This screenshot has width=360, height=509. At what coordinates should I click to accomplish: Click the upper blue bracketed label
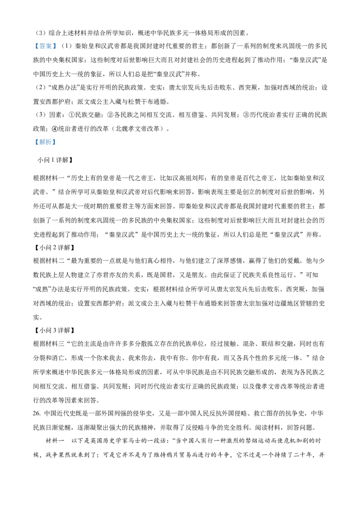point(45,45)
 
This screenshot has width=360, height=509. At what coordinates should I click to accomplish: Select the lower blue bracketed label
point(45,142)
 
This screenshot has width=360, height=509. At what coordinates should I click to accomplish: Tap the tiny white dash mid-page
point(129,274)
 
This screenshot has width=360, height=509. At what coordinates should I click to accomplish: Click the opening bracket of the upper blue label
point(36,45)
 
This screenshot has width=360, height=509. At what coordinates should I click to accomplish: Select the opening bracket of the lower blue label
point(36,142)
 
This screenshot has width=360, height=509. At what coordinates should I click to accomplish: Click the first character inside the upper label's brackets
point(41,45)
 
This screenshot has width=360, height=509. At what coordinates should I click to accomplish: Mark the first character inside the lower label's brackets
point(41,142)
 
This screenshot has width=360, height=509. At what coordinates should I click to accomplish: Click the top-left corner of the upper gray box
point(33,40)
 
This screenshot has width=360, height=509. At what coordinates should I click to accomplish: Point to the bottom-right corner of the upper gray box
point(57,50)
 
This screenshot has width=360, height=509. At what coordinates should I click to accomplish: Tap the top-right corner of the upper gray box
point(57,40)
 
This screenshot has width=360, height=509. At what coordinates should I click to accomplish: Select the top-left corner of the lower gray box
point(33,137)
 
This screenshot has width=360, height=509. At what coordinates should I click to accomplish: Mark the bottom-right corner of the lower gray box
point(57,147)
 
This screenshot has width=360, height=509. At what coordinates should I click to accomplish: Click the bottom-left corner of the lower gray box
point(33,147)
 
